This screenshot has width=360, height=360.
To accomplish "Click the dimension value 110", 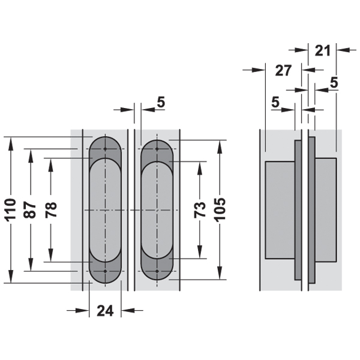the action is [11, 210].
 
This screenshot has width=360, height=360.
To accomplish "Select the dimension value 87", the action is [30, 210].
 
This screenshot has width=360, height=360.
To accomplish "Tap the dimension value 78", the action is [51, 210].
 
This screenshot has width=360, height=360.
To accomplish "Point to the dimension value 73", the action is [200, 210].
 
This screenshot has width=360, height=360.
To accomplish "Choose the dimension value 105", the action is [220, 210].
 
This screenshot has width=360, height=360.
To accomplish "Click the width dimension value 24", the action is [105, 311].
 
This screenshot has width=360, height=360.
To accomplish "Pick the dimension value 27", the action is [283, 70].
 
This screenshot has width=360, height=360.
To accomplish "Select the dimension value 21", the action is [322, 51].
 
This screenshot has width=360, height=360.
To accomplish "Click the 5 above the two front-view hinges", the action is [161, 102].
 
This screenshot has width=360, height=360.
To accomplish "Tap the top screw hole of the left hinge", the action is [105, 149].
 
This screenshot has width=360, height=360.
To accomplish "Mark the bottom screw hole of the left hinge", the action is [105, 271].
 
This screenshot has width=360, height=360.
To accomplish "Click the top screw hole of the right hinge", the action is [157, 149].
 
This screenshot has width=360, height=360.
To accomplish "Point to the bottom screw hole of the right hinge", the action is [157, 271].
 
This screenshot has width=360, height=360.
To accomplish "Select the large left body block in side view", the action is [280, 210].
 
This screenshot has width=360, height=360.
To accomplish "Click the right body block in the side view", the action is [326, 209].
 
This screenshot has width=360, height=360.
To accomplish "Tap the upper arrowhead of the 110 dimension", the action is [11, 143].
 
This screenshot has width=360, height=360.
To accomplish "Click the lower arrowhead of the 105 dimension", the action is [220, 274].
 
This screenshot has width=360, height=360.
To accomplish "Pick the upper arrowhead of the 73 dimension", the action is [200, 167].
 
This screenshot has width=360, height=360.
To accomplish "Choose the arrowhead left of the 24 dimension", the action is [83, 311].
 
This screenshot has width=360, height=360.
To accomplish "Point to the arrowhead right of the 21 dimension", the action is [342, 50].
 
